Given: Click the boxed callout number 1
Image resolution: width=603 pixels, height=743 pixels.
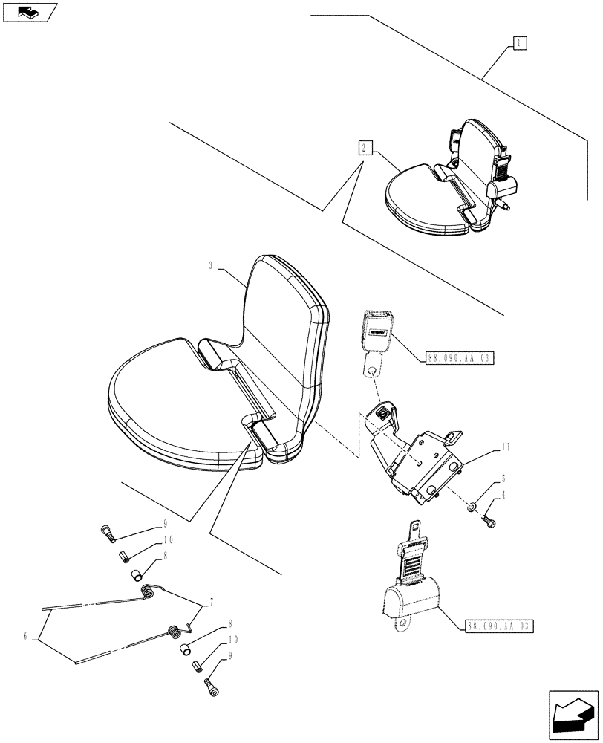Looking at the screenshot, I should pos(519,42).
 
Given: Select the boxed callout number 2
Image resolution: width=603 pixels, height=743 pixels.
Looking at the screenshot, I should pos(364,146).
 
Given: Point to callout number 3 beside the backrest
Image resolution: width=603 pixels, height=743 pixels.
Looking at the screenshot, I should pos(212,265).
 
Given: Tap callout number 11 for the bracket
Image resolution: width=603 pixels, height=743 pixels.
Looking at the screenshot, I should pos(506,448).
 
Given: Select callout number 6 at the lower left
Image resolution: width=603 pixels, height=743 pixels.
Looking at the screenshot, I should pos(26,636).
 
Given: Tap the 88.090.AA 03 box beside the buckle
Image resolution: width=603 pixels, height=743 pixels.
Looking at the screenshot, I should pos(460,358).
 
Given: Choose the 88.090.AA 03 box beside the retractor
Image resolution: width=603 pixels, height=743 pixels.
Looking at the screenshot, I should pos(500,626).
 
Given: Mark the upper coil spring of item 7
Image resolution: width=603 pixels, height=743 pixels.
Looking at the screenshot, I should pos(150,591).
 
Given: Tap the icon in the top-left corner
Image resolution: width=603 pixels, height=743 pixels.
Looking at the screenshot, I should pos(29,12).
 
